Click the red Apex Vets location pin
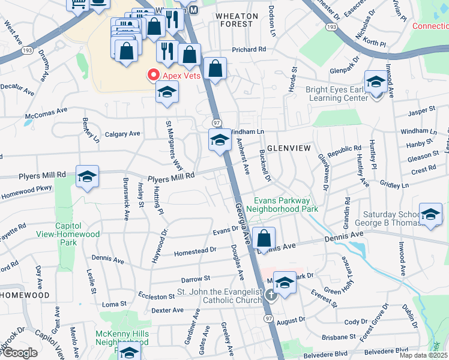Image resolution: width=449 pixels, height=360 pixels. [153, 76]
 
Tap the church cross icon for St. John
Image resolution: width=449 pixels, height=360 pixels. [271, 294]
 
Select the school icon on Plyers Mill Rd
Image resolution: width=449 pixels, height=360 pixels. [88, 176]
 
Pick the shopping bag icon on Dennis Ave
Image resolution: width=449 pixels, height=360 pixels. [264, 238]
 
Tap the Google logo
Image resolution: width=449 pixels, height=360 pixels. [19, 353]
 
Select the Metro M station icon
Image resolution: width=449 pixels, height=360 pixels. [193, 11]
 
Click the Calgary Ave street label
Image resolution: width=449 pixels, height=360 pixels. [122, 134]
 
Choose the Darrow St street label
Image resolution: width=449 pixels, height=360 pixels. [195, 279]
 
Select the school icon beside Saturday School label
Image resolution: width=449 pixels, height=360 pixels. [430, 214]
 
